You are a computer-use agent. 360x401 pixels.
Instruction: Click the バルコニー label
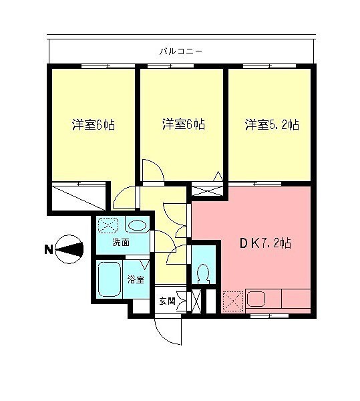(181, 50)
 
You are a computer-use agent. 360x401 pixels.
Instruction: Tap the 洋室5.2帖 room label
(271, 125)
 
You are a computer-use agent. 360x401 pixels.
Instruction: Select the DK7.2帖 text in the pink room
(265, 244)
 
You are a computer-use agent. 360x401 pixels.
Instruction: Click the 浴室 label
(136, 279)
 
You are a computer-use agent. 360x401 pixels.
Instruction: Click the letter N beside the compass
(48, 250)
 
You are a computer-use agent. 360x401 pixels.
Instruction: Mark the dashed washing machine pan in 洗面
(108, 225)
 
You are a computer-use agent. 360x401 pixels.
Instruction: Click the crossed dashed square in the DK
(233, 300)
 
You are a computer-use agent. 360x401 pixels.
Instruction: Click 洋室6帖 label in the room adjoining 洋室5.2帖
(183, 125)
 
